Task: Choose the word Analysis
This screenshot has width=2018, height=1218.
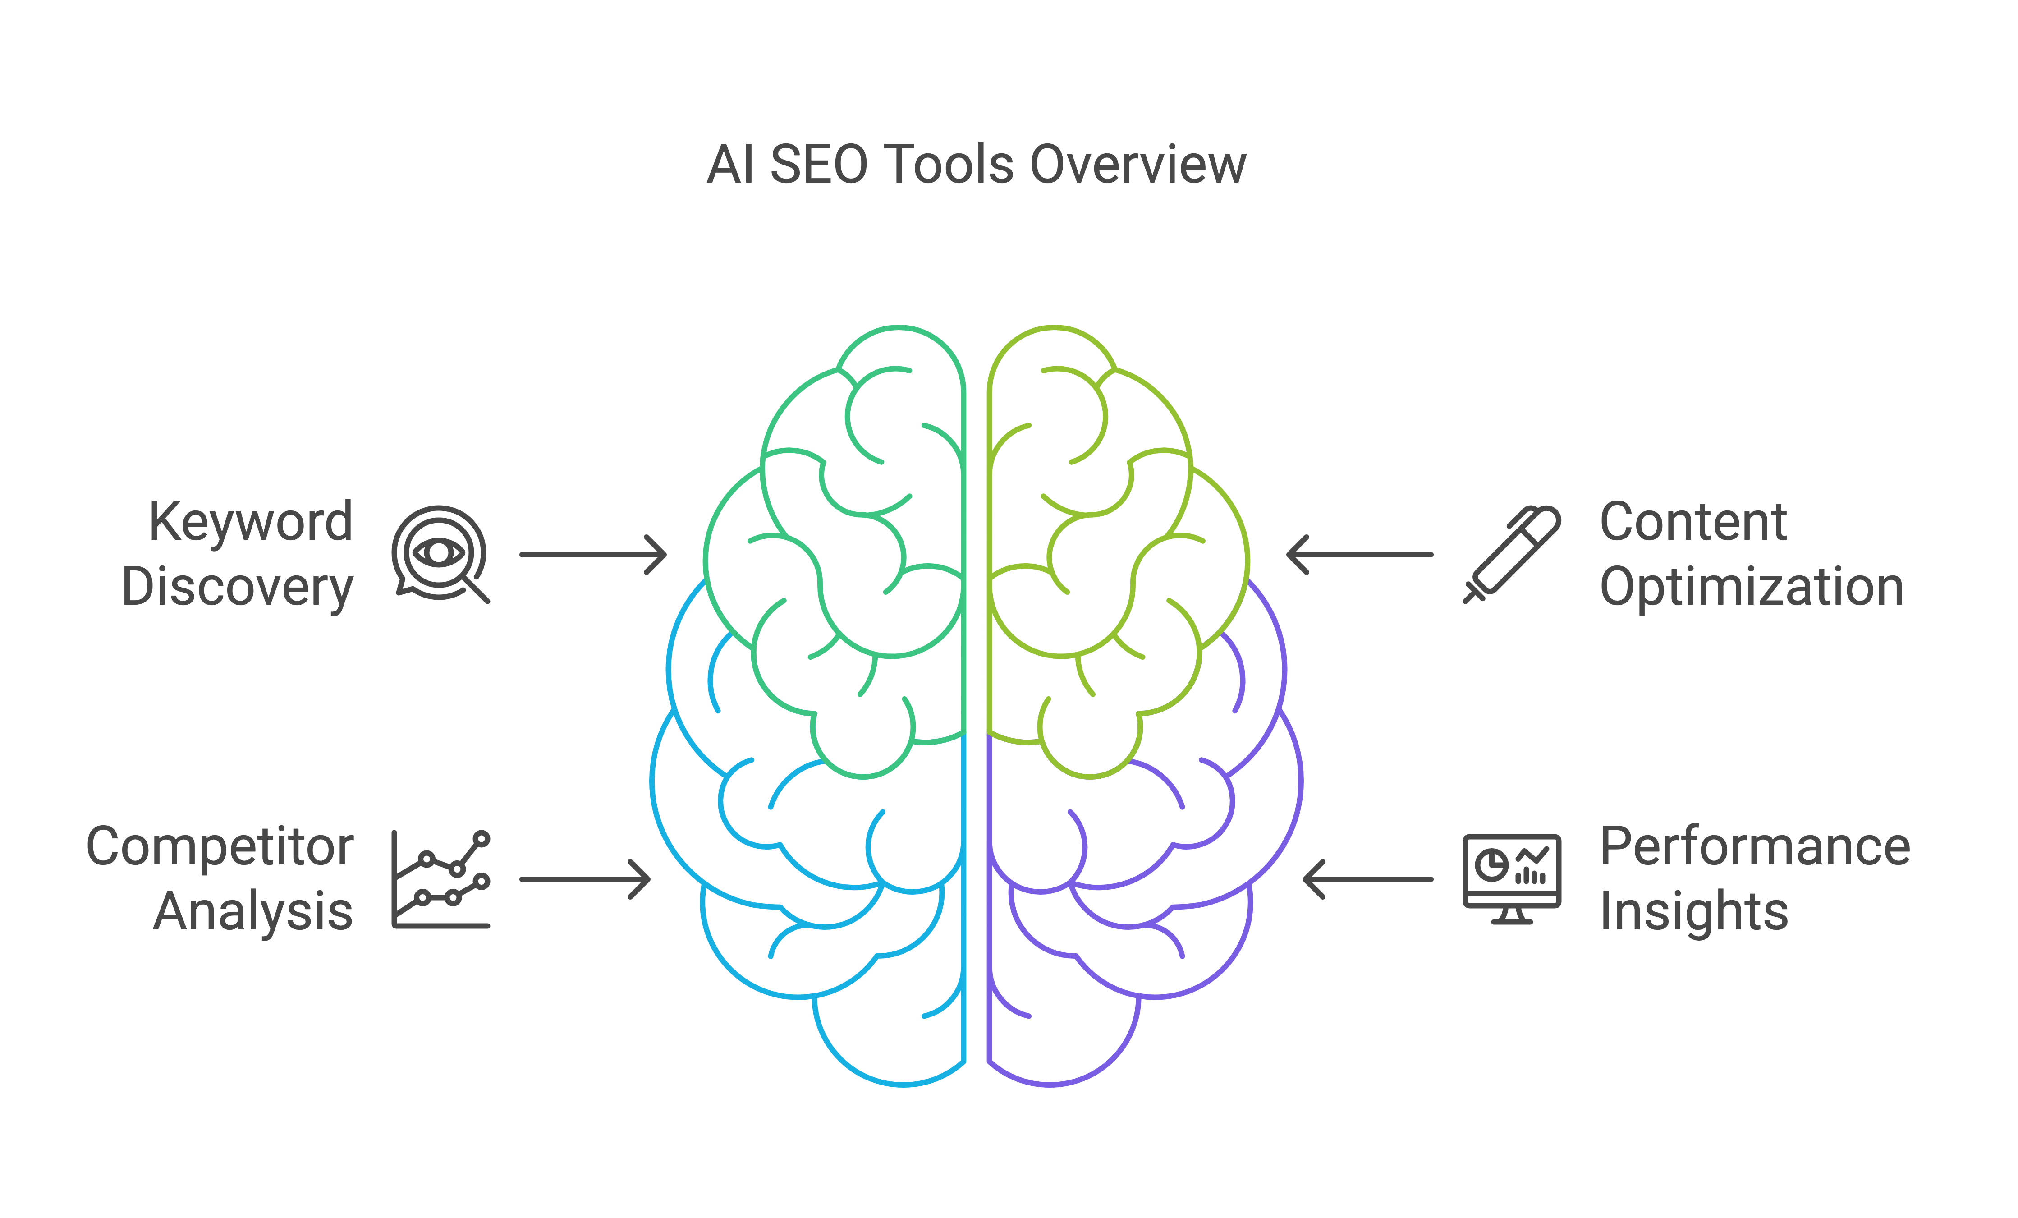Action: click(x=253, y=912)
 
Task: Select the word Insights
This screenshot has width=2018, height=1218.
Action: click(x=1694, y=912)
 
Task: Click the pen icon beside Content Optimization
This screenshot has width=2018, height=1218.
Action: click(x=1512, y=555)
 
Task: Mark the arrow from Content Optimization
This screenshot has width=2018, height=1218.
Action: click(x=1359, y=555)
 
